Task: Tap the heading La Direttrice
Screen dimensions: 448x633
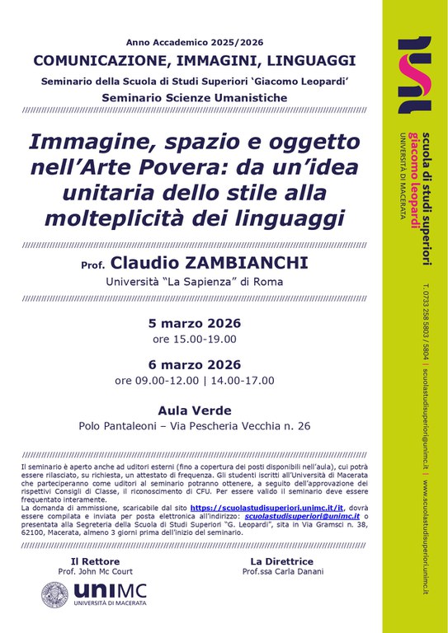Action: click(x=278, y=560)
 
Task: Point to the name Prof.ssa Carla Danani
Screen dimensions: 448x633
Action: click(x=278, y=571)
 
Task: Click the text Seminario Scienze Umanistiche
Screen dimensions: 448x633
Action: click(x=195, y=98)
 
